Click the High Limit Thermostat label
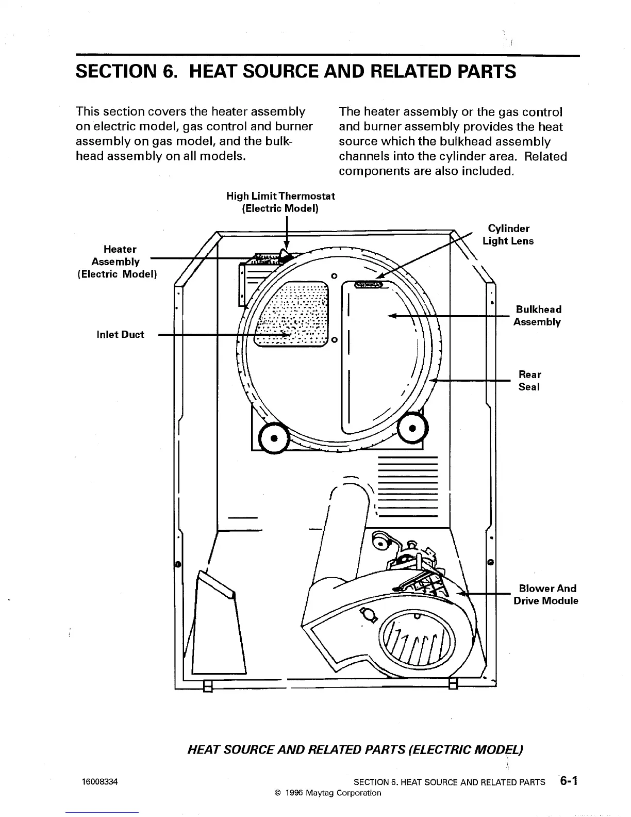point(280,202)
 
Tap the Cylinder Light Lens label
point(508,235)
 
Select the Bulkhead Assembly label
point(538,316)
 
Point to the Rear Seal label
point(529,381)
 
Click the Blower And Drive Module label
point(546,595)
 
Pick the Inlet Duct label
point(120,335)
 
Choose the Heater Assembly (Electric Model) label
point(117,262)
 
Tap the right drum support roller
point(412,428)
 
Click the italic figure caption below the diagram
point(355,749)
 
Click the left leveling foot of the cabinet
point(208,687)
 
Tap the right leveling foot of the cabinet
point(453,684)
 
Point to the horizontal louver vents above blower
point(407,487)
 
